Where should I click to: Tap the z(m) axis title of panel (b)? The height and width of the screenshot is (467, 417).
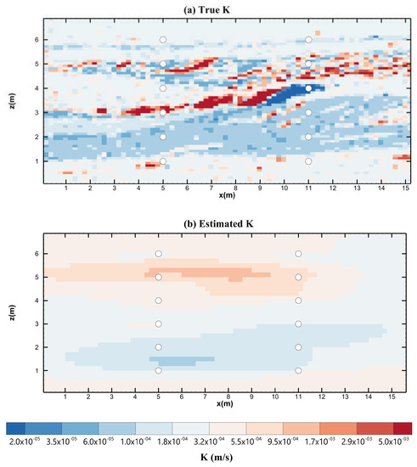(x=10, y=311)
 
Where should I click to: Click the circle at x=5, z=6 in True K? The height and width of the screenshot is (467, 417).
(x=163, y=40)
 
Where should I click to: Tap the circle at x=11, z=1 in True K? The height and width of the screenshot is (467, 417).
(x=309, y=160)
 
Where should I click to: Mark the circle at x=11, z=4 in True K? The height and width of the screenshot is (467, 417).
(x=309, y=88)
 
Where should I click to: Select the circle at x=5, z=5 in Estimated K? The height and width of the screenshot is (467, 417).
(x=159, y=277)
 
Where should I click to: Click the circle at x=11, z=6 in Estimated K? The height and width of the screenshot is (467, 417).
(x=298, y=254)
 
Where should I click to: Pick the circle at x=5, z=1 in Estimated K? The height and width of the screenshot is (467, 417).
(x=159, y=370)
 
